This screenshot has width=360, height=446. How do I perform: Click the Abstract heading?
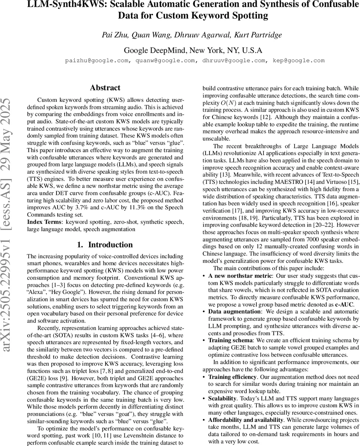click(x=105, y=88)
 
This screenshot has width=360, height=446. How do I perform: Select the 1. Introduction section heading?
click(x=105, y=245)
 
